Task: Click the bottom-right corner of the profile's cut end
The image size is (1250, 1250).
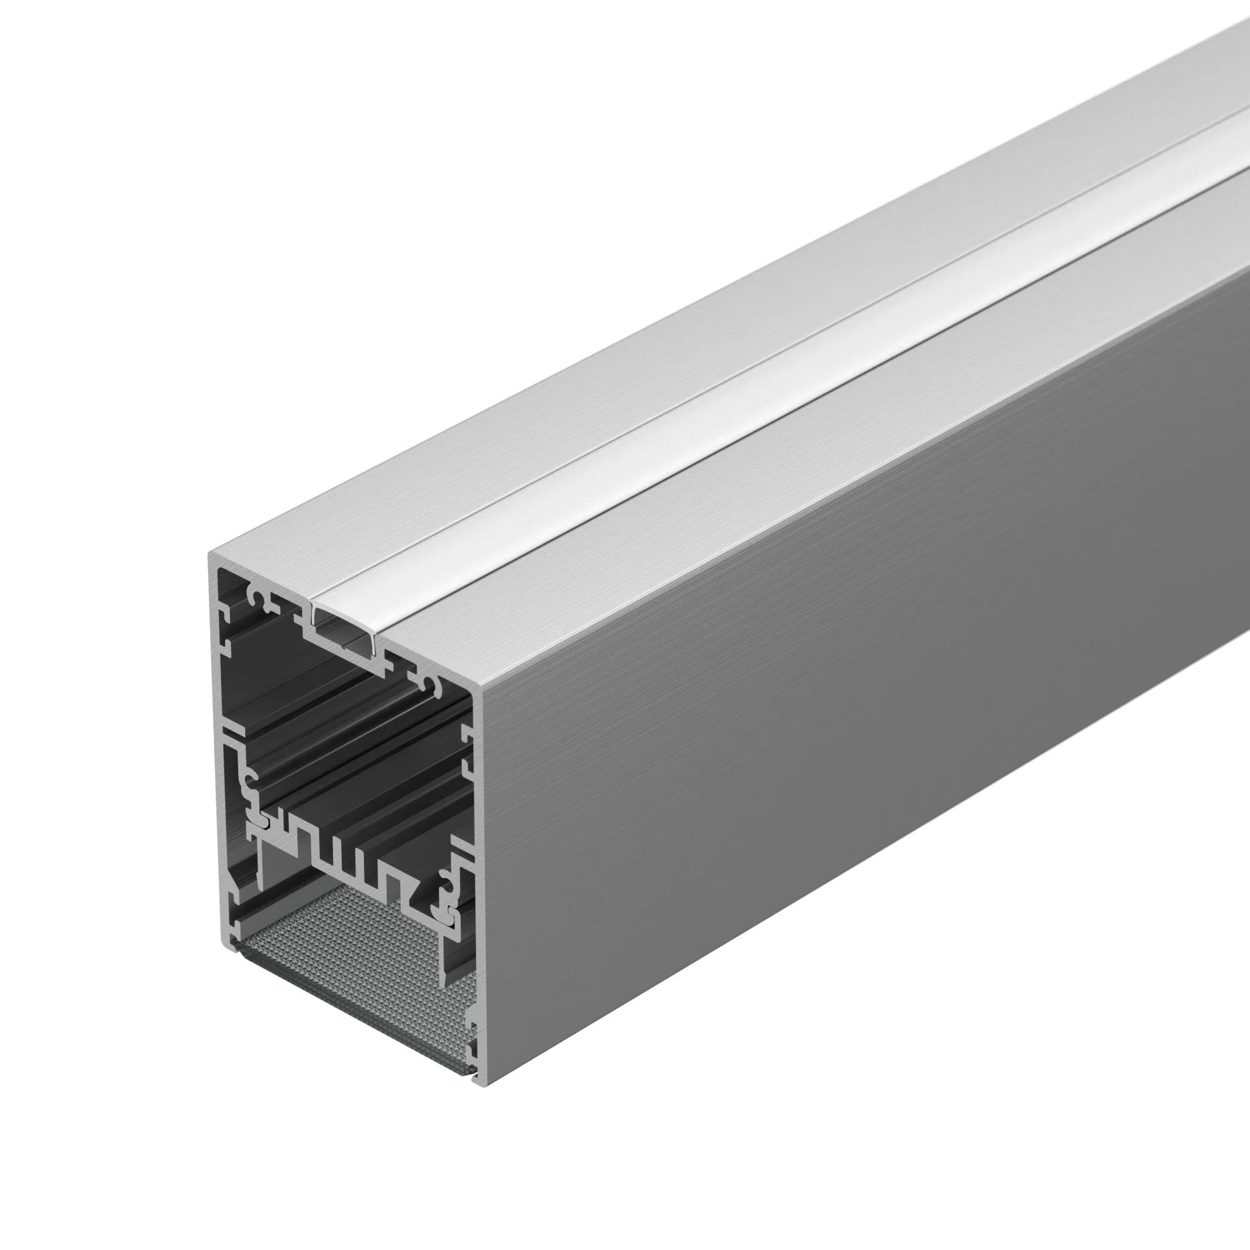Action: tap(483, 1086)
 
